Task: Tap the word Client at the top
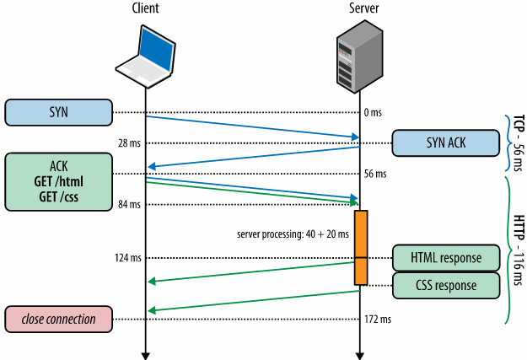click(x=145, y=8)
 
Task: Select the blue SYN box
click(x=58, y=112)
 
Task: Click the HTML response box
click(x=446, y=256)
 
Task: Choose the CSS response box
click(x=446, y=286)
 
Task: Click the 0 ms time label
click(x=374, y=112)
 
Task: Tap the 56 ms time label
click(x=376, y=175)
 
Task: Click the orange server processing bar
click(x=361, y=247)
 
